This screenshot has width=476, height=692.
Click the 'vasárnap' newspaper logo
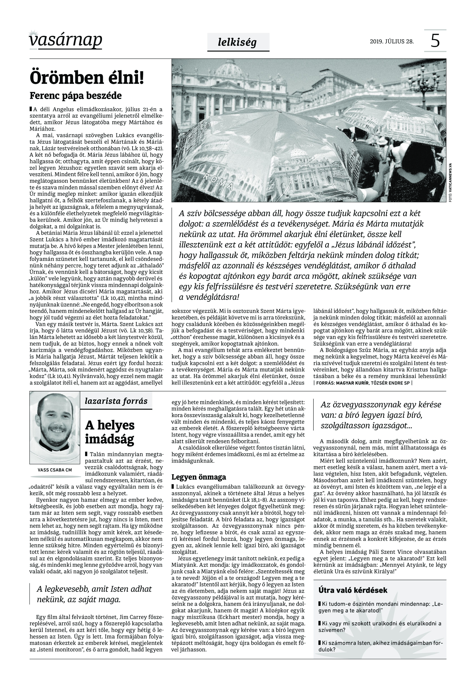pyautogui.click(x=66, y=40)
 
